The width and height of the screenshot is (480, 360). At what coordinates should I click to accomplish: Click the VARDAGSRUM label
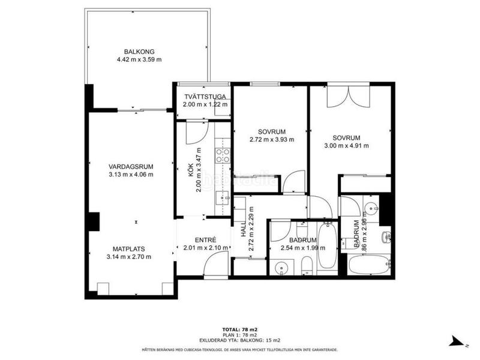pyautogui.click(x=131, y=167)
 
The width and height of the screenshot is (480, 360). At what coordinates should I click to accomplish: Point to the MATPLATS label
pyautogui.click(x=131, y=248)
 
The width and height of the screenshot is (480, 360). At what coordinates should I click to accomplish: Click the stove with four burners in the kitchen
pyautogui.click(x=222, y=156)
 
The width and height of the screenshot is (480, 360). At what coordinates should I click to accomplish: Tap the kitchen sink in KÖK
pyautogui.click(x=223, y=199)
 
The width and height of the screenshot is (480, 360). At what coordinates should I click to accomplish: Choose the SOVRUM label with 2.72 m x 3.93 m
pyautogui.click(x=272, y=132)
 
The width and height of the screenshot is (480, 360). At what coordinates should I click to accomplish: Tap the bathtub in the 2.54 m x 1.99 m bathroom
pyautogui.click(x=328, y=247)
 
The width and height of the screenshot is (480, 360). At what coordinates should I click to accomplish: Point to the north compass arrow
pyautogui.click(x=459, y=342)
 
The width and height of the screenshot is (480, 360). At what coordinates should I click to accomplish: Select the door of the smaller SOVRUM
pyautogui.click(x=293, y=182)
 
